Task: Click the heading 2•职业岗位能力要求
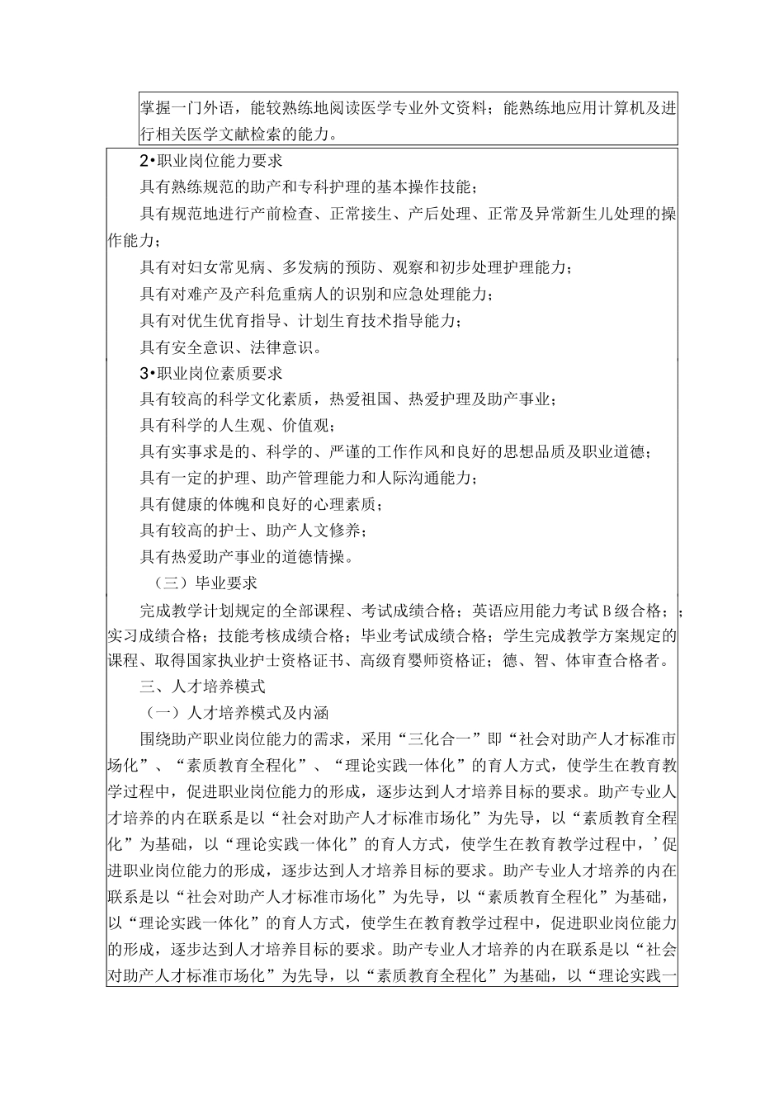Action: click(x=211, y=161)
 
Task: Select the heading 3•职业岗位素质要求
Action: click(x=211, y=374)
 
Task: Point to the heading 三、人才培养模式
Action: click(x=202, y=685)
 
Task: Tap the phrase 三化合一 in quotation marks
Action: click(x=440, y=737)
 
